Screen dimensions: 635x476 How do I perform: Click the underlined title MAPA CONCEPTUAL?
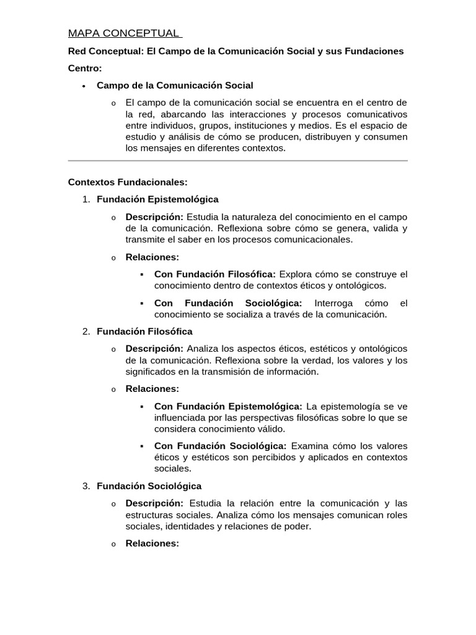point(125,33)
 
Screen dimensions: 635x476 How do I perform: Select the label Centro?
point(85,68)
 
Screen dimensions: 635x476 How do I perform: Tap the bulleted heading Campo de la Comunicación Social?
point(175,85)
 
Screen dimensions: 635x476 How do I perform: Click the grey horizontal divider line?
point(237,161)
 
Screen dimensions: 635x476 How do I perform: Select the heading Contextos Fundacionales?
point(127,182)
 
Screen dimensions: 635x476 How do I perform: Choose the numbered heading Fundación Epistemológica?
point(157,199)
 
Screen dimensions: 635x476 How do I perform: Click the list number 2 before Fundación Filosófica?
point(86,332)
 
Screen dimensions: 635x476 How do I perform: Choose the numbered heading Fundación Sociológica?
point(149,486)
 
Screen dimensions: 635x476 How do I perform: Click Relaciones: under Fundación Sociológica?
point(152,544)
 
